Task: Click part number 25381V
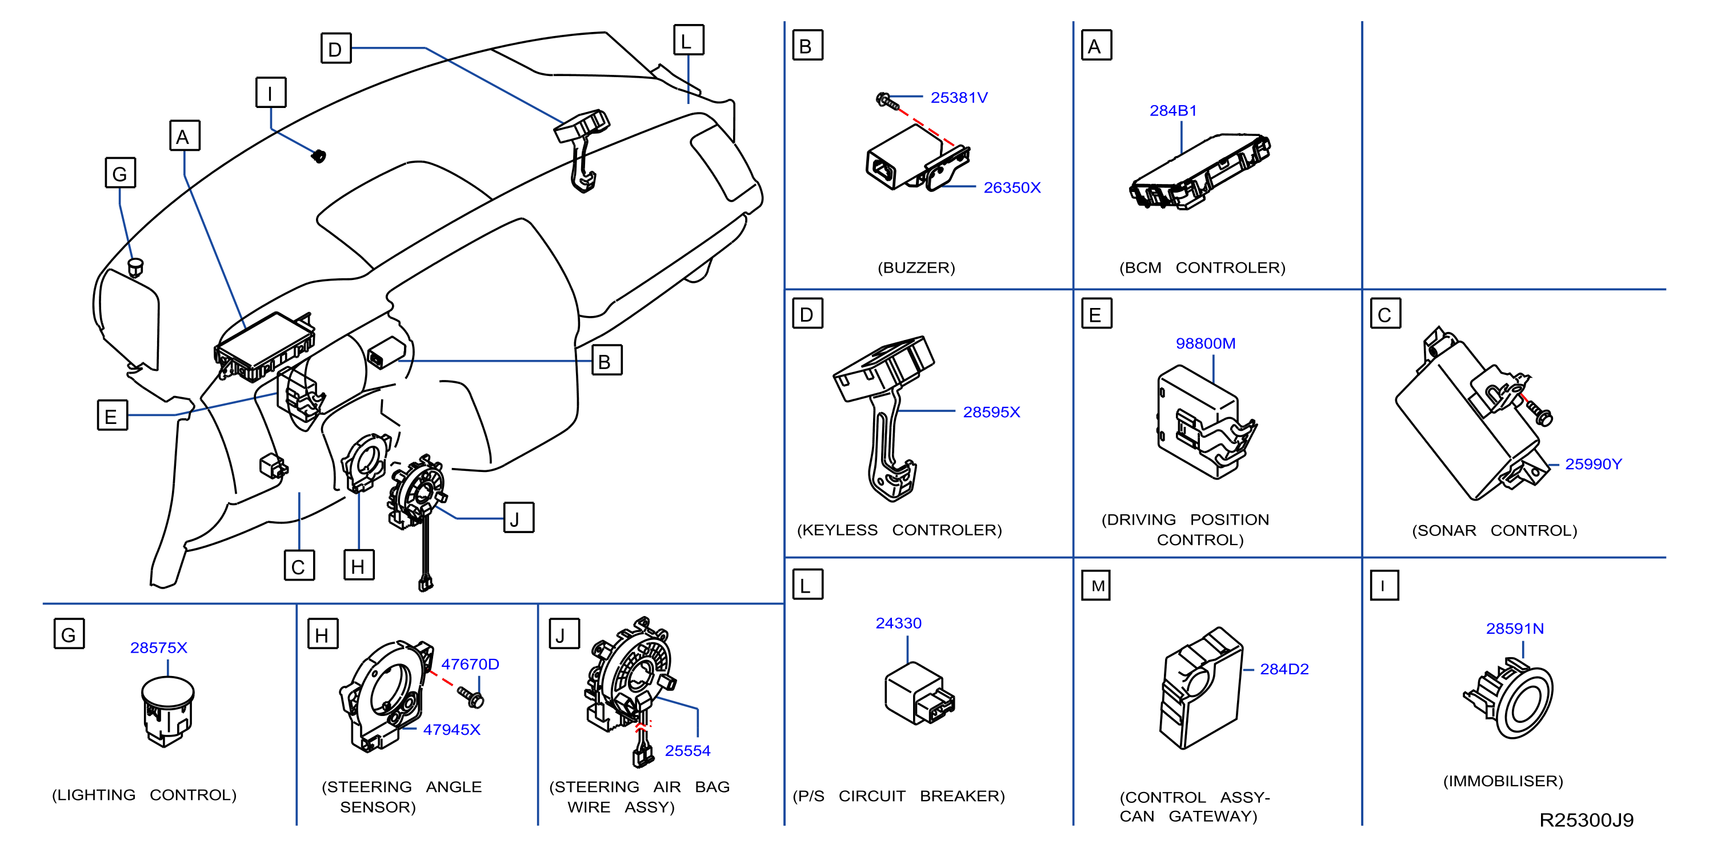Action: (959, 98)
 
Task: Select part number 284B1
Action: (1173, 111)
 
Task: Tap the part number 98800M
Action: (1206, 343)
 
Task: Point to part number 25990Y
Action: (1593, 465)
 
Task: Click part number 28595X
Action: (991, 412)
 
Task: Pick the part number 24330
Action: (898, 623)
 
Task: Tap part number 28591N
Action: (1515, 629)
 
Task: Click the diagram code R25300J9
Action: (1586, 820)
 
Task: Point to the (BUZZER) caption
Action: (916, 267)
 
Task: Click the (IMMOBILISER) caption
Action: (1503, 781)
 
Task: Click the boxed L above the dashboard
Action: (689, 41)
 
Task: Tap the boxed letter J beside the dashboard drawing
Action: (518, 518)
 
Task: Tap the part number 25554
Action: (687, 750)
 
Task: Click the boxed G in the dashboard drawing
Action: (121, 173)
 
